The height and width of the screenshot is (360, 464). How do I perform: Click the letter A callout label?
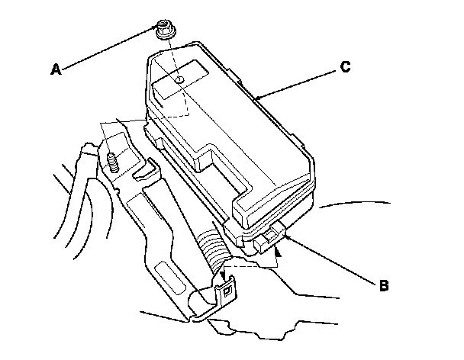[55, 69]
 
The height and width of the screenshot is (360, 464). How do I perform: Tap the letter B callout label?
[384, 286]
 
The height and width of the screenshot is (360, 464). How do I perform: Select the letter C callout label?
[345, 67]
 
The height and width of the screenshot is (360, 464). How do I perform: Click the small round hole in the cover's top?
[179, 79]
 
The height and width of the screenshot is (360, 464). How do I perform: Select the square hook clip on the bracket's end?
[227, 291]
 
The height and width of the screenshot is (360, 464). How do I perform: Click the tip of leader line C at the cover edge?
[257, 98]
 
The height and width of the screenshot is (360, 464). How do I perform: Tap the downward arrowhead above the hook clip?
[222, 277]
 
